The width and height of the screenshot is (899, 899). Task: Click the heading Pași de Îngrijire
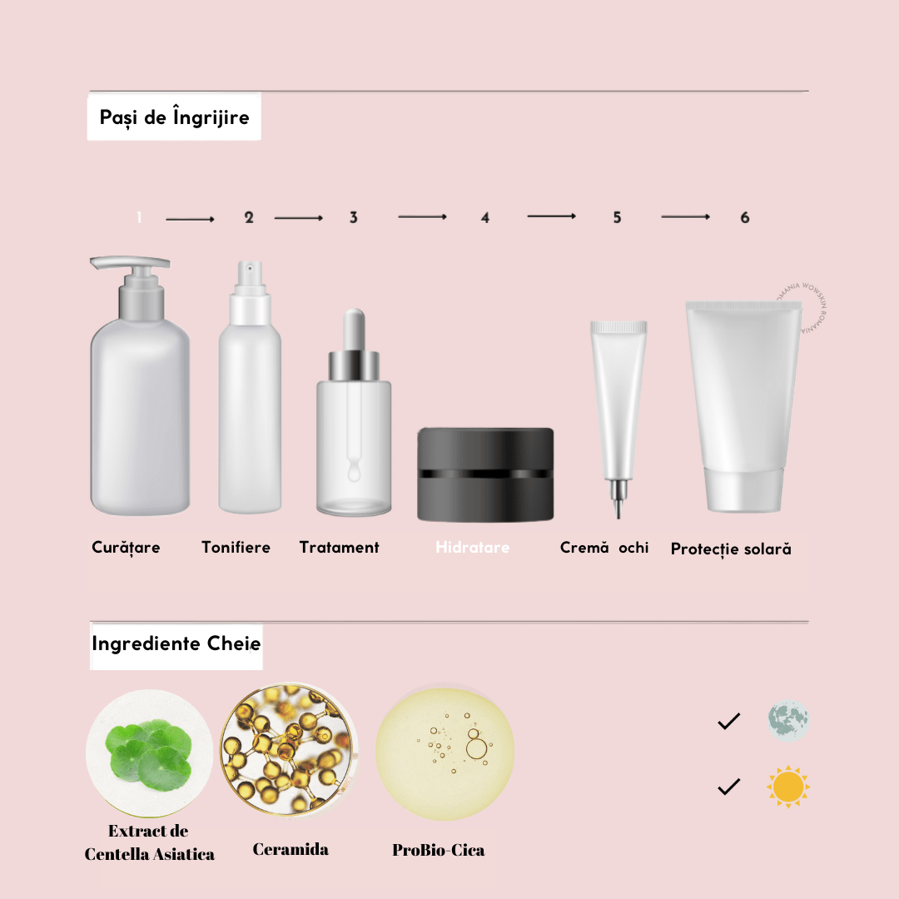(x=174, y=117)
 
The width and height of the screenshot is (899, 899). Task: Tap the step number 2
(x=249, y=217)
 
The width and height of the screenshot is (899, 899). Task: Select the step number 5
(x=617, y=217)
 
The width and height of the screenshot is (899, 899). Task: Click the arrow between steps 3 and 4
(x=422, y=216)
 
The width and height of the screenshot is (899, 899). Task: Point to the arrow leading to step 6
(x=685, y=216)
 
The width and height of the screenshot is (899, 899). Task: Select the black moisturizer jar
(x=485, y=474)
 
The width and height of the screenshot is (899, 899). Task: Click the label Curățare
(x=126, y=548)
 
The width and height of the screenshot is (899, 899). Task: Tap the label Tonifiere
(x=236, y=548)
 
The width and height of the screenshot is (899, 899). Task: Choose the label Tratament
(x=339, y=548)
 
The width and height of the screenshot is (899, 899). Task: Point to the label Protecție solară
(x=731, y=549)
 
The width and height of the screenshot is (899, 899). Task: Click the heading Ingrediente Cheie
(x=176, y=644)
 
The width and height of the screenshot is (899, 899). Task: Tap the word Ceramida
(x=291, y=849)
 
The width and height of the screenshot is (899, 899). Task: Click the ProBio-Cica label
(x=438, y=851)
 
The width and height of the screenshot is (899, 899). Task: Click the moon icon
(x=787, y=721)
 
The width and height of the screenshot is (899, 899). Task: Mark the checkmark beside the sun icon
(x=728, y=787)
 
